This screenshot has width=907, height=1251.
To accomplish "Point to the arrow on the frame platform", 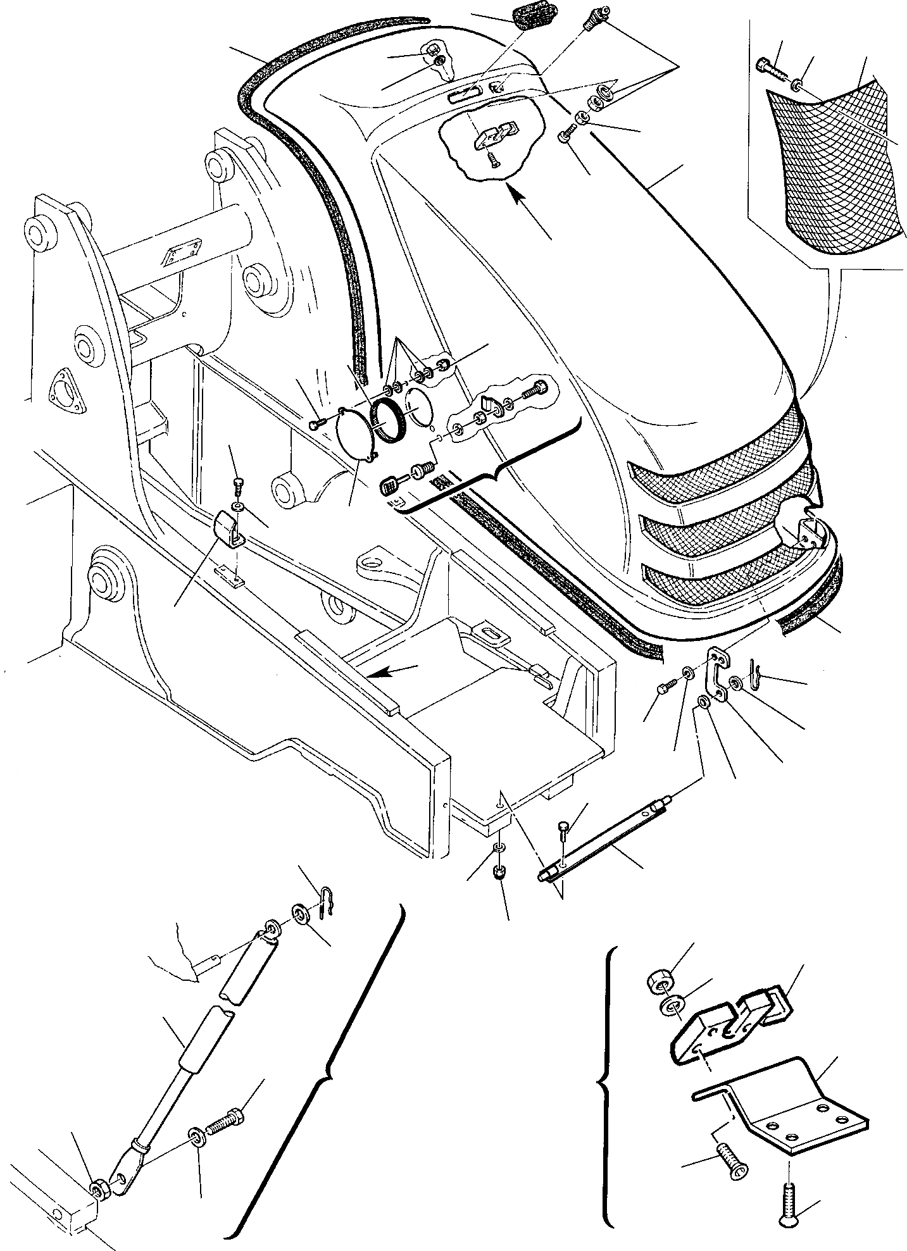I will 391,671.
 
